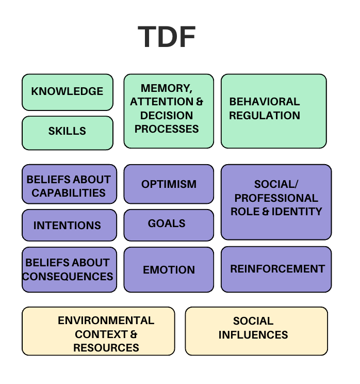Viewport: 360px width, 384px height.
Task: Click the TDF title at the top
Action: point(167,37)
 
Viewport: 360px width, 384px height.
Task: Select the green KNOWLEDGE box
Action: point(67,92)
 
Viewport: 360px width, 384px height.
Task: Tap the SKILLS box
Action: point(67,132)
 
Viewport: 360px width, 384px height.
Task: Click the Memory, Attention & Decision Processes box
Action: point(168,111)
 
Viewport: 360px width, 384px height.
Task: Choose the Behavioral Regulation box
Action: point(273,111)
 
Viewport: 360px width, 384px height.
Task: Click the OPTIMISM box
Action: point(168,184)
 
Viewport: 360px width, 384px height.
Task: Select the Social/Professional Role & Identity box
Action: point(276,202)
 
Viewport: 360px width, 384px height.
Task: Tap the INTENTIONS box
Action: point(69,226)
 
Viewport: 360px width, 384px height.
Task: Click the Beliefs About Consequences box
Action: point(69,269)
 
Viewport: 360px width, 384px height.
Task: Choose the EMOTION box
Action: point(168,269)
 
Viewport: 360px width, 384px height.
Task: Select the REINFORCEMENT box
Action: point(276,269)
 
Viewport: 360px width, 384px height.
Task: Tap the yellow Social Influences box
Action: point(256,330)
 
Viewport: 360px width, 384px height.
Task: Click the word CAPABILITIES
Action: point(69,193)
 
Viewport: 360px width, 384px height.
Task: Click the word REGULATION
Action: point(265,116)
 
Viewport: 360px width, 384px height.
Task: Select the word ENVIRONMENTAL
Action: point(106,321)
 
